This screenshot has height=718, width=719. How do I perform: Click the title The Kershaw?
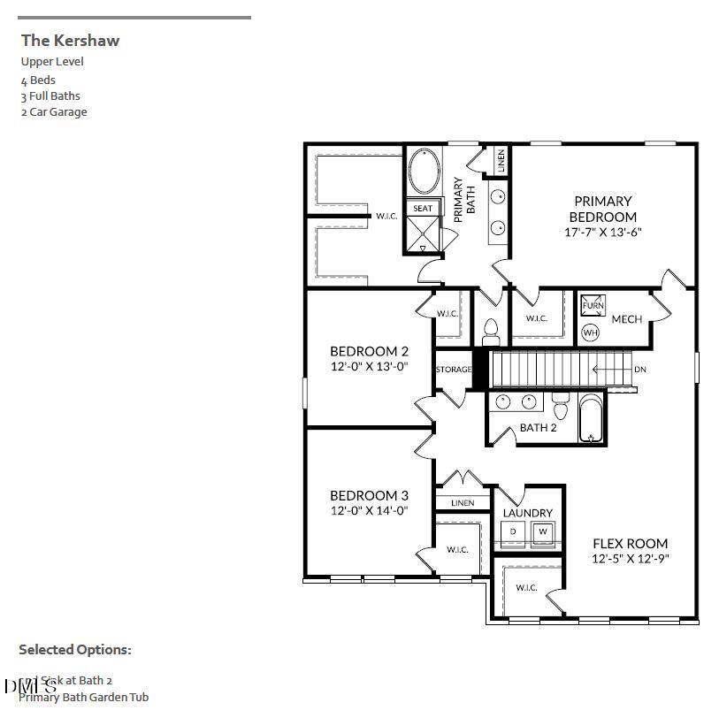(x=70, y=40)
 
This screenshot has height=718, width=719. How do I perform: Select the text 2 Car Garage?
(x=54, y=112)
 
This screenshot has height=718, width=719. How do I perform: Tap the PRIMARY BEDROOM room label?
(x=602, y=209)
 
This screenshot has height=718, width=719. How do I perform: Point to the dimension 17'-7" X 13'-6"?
(x=602, y=233)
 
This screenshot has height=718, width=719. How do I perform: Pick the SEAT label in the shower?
(x=423, y=209)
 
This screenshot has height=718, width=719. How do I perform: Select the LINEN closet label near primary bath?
(x=501, y=160)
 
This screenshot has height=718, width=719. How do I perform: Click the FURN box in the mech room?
(x=592, y=306)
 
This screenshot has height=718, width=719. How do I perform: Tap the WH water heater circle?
(x=590, y=333)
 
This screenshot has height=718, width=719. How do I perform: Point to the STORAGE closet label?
(x=454, y=370)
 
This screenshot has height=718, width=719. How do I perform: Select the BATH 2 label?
(x=538, y=428)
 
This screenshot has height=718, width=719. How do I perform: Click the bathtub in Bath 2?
(x=591, y=419)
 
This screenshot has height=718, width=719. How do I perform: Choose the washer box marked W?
(x=543, y=531)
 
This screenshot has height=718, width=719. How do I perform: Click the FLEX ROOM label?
(x=630, y=543)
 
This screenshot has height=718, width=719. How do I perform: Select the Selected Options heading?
(x=75, y=650)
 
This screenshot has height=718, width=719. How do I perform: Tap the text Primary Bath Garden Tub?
(x=83, y=698)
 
